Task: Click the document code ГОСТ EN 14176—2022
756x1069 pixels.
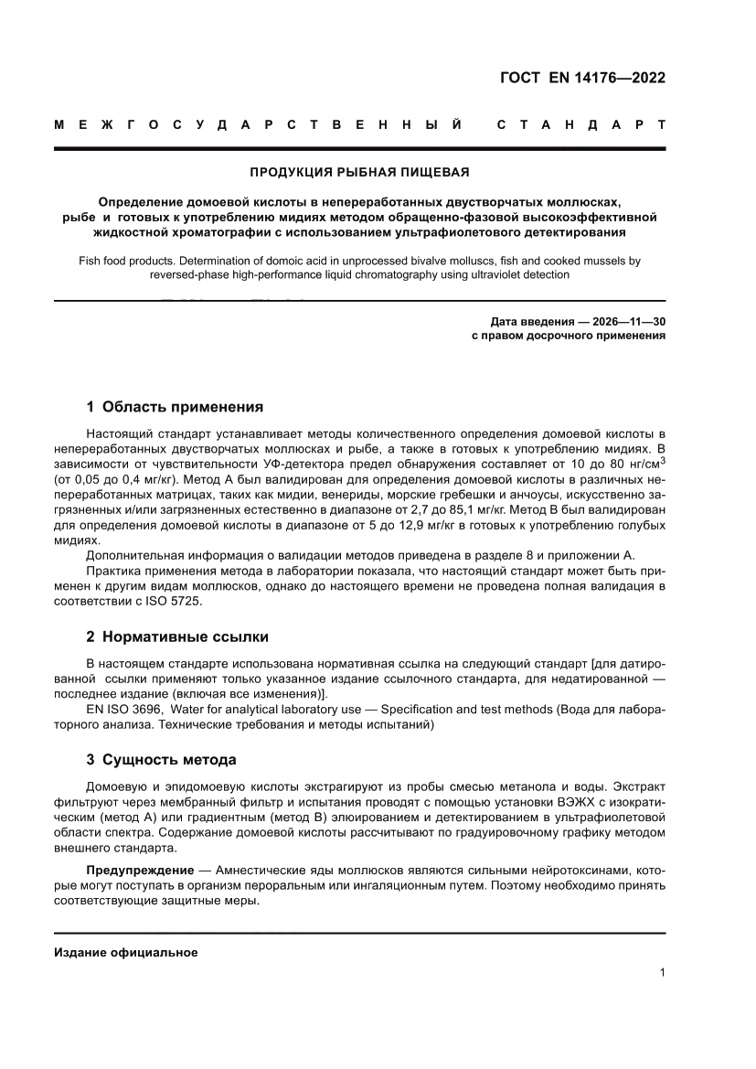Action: click(x=582, y=78)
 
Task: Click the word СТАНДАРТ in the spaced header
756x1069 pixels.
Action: click(x=580, y=123)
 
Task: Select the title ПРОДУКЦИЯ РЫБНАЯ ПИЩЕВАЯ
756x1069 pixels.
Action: click(x=359, y=171)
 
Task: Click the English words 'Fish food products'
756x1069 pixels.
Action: click(x=126, y=261)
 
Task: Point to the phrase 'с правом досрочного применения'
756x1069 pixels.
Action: click(x=568, y=336)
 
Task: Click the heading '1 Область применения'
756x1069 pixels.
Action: click(x=174, y=407)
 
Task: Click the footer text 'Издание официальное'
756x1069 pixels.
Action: click(x=126, y=953)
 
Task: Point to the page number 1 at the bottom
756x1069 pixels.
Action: click(x=662, y=974)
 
